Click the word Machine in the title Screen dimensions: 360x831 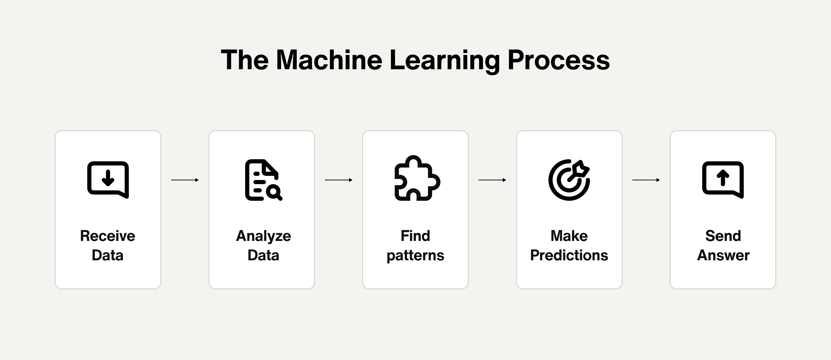point(329,60)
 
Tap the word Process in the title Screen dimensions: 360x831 point(558,60)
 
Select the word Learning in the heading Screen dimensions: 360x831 point(445,60)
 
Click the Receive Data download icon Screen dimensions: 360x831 point(108,180)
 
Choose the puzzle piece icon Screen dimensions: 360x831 point(417,179)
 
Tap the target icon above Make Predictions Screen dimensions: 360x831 point(569,180)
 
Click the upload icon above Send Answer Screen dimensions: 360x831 point(723,180)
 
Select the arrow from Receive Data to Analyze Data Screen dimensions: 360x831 point(185,180)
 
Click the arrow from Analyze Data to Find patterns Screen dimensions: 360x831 point(339,180)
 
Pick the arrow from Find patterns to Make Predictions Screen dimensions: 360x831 point(492,180)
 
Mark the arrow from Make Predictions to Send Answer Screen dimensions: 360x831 point(646,180)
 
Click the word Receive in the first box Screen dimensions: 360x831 point(108,236)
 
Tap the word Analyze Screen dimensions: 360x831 point(263,236)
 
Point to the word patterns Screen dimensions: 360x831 point(415,256)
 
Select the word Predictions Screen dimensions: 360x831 point(569,255)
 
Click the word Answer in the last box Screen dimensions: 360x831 point(723,255)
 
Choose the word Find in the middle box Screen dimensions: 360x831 point(415,236)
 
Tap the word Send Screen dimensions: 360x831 point(723,236)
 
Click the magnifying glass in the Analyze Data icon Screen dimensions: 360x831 point(275,192)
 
